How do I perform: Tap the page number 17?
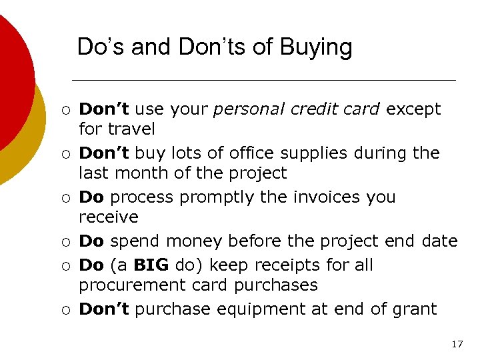coord(457,344)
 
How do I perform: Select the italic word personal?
coord(243,109)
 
